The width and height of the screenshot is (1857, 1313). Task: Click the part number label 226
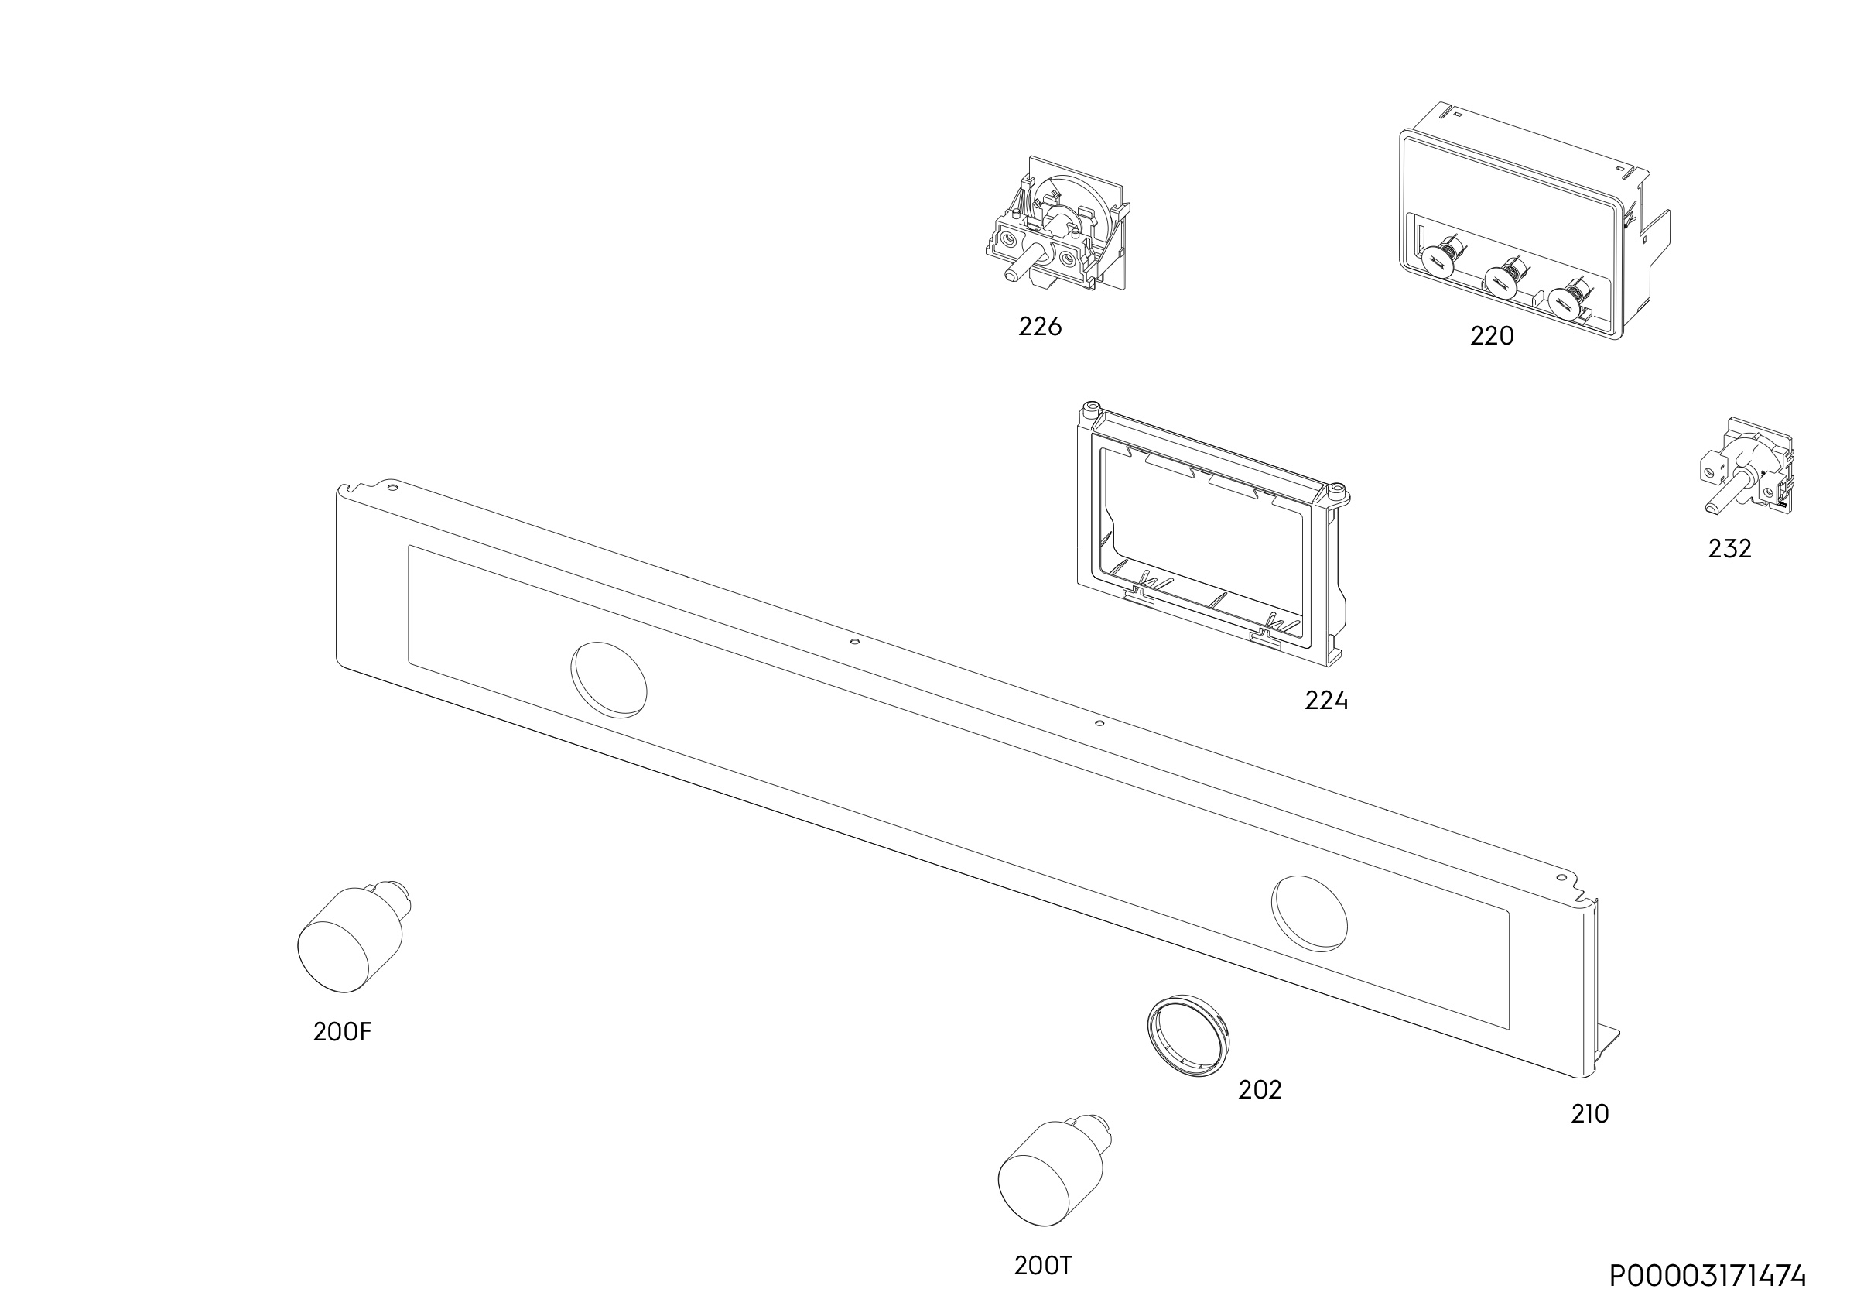[1039, 327]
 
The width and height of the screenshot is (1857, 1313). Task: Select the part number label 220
[1492, 336]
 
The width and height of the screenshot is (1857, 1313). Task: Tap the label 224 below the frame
[1325, 701]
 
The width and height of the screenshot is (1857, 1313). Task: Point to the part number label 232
[1729, 550]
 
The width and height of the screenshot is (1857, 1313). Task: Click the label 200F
[342, 1032]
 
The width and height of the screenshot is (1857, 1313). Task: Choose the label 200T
[1043, 1266]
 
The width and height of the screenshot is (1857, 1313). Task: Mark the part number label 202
[1260, 1091]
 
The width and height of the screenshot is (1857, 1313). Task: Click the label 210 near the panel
[1590, 1115]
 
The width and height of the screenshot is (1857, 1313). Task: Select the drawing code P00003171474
[1708, 1277]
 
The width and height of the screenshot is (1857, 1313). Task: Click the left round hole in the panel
[609, 680]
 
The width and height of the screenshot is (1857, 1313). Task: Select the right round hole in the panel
[1309, 914]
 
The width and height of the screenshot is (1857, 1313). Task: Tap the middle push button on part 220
[1501, 281]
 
